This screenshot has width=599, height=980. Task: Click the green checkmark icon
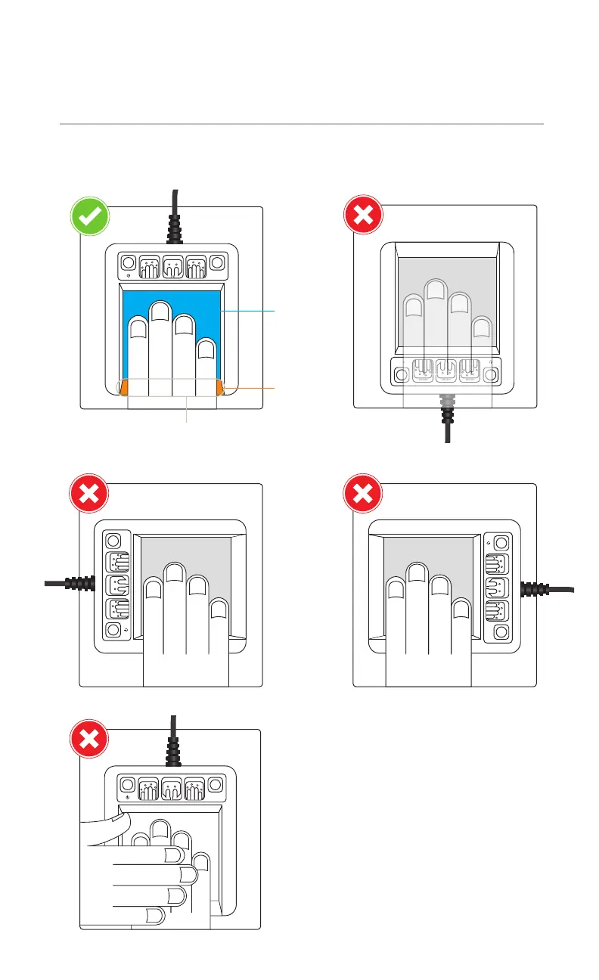[x=90, y=216]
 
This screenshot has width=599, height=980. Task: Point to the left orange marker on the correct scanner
[x=124, y=387]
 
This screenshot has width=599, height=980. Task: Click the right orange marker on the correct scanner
[x=220, y=387]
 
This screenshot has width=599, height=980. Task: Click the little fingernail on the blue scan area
[x=205, y=349]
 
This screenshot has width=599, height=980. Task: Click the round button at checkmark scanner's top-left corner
[x=128, y=263]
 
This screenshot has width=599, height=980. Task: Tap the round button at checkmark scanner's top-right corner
[x=218, y=263]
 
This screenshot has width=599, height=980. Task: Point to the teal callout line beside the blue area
[x=250, y=310]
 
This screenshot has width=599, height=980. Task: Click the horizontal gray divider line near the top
[x=301, y=123]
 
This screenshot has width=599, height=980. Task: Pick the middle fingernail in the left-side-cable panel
[x=175, y=571]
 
